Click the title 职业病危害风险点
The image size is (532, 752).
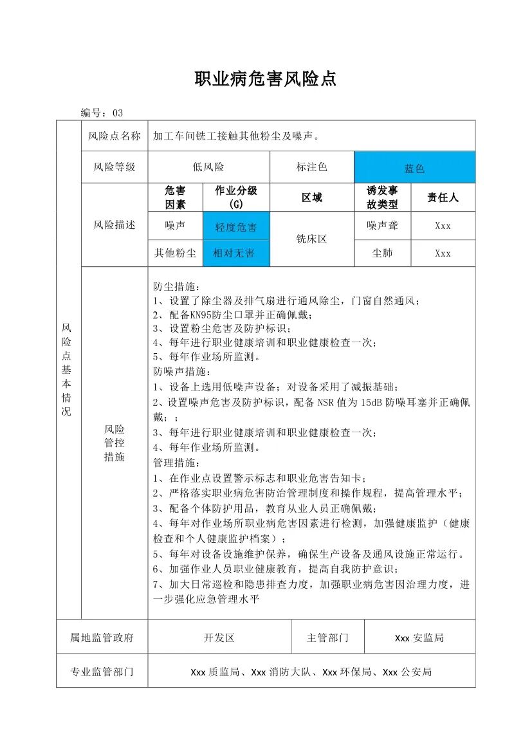coord(266,79)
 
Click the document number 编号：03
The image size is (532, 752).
coord(102,113)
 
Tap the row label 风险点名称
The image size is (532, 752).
coord(115,136)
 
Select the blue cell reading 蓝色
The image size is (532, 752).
coord(414,168)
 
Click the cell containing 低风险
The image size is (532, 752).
coord(208,167)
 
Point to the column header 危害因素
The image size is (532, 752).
coord(175,197)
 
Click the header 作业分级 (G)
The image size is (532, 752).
coord(235,197)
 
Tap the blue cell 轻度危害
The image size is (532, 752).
coord(235,227)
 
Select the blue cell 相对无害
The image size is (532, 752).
coord(235,253)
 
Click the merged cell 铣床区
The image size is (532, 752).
coord(311,239)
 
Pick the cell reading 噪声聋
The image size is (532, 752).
coord(382,226)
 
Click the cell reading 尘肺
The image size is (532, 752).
coord(382,253)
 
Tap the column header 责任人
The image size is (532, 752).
coord(443,197)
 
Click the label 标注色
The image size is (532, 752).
coord(311,167)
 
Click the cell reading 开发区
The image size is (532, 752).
coord(219,638)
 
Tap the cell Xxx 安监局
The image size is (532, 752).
coord(419,638)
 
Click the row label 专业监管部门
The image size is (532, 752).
coord(102,672)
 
